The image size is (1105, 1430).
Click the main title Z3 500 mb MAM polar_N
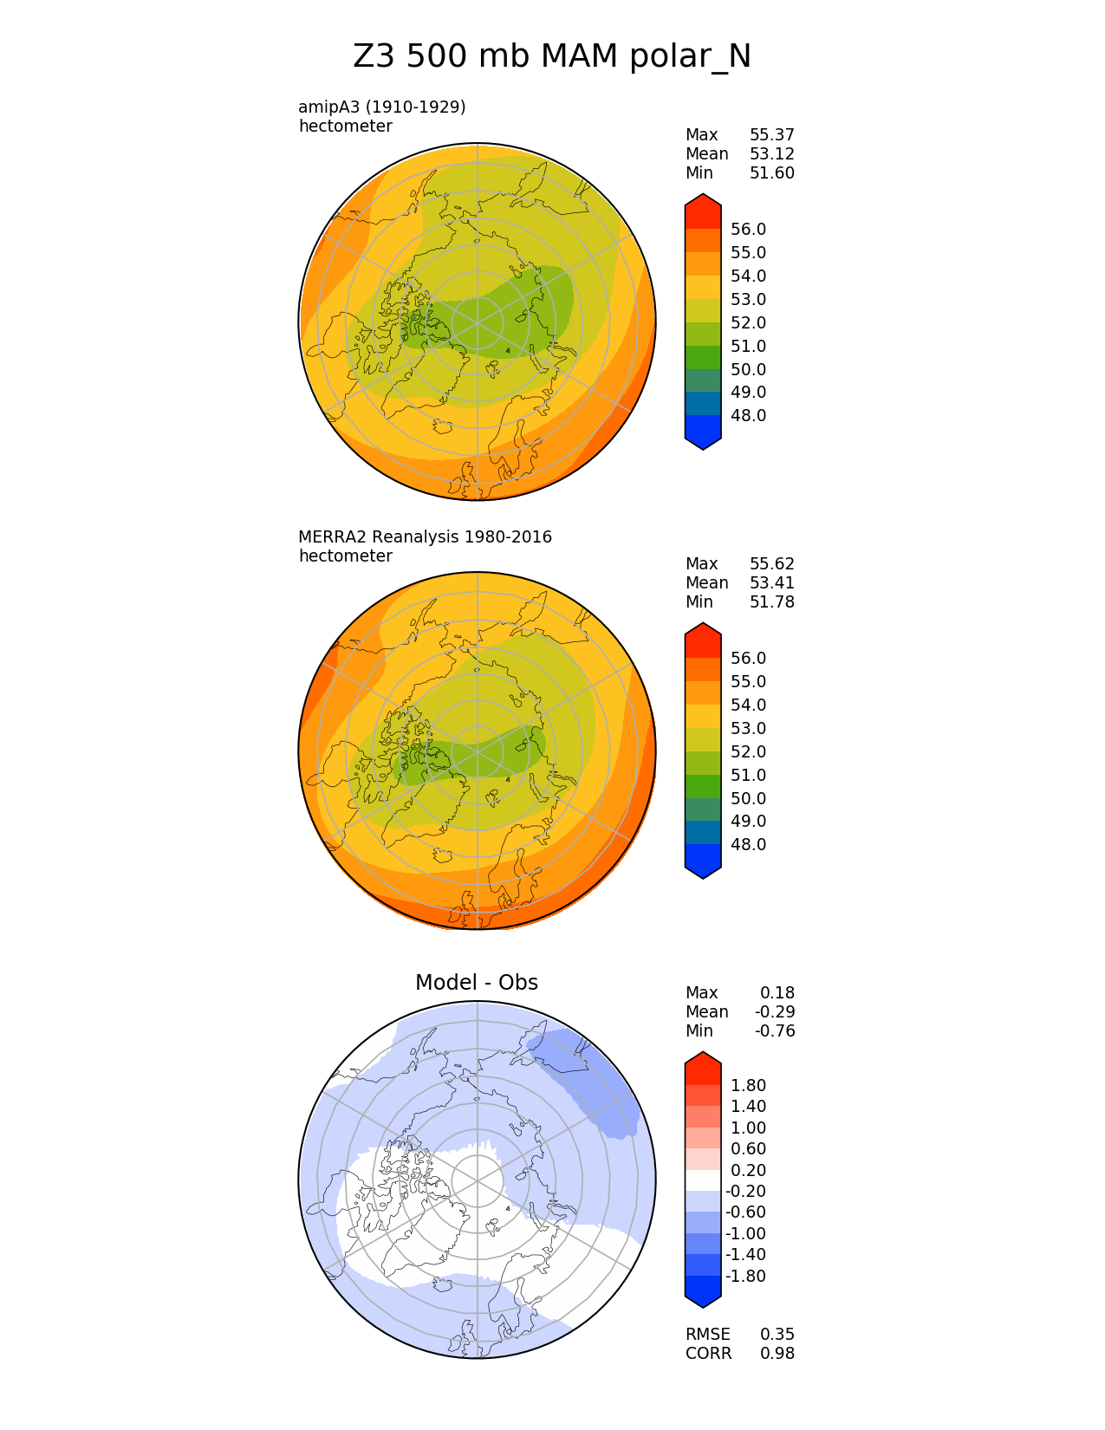click(552, 56)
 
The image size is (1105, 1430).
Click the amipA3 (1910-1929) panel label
click(382, 107)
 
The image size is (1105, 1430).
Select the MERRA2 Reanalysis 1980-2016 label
click(425, 536)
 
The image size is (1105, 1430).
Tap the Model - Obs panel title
click(477, 982)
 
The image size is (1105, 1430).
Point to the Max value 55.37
click(771, 134)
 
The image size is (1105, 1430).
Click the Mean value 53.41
click(771, 582)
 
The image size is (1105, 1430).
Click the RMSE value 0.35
click(777, 1334)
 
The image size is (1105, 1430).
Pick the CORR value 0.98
click(777, 1353)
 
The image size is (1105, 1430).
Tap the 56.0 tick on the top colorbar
click(748, 229)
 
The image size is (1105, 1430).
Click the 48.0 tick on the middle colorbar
click(748, 844)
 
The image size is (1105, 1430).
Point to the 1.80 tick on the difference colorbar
click(748, 1085)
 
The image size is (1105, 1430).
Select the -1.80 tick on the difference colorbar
click(745, 1276)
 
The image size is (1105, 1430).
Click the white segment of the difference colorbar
click(703, 1180)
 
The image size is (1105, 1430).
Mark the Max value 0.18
click(777, 992)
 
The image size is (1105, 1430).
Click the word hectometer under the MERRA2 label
click(345, 556)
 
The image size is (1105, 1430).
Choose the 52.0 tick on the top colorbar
click(748, 322)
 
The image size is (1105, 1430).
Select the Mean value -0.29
click(774, 1011)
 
